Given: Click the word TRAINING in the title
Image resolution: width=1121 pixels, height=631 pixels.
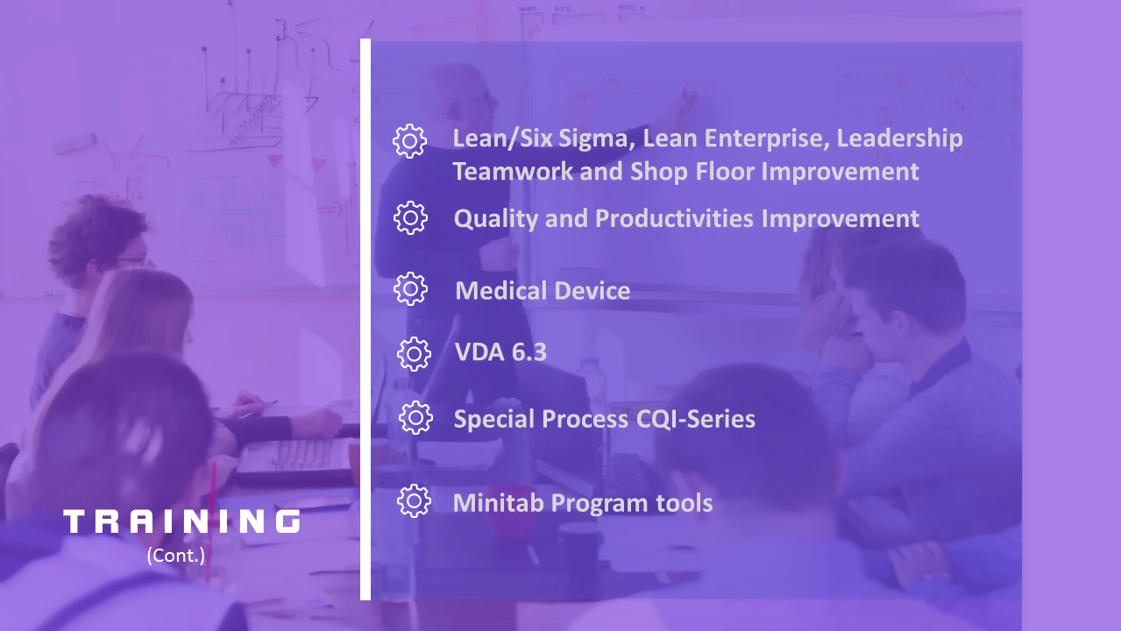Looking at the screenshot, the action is pos(181,521).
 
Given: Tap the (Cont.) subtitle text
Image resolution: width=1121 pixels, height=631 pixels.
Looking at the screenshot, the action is pos(175,556).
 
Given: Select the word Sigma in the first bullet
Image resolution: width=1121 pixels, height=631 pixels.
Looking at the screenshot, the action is pos(597,138).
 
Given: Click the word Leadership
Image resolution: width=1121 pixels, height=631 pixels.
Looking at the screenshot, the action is pos(900,138).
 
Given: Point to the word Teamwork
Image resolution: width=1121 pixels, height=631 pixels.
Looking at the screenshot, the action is pos(513,171).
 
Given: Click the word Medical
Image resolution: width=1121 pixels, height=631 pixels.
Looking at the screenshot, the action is pos(500,291).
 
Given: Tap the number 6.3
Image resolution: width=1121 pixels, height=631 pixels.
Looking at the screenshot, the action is pos(529,352).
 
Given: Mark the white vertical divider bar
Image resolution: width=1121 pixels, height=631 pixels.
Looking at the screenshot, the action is pos(365,319).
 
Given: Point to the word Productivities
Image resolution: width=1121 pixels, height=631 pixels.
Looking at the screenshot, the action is pos(674,219).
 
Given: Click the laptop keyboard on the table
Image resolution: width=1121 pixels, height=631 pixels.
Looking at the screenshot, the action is pos(295,456).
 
